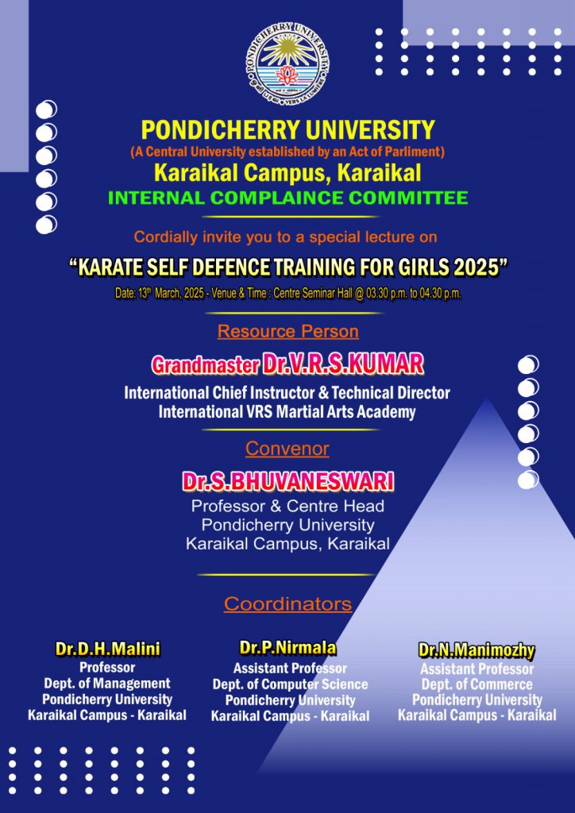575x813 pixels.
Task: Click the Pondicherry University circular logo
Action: pyautogui.click(x=287, y=64)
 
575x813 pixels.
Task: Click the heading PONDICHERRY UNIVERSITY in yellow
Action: pyautogui.click(x=287, y=130)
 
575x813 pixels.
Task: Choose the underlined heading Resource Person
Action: pyautogui.click(x=287, y=331)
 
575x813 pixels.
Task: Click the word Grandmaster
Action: pyautogui.click(x=206, y=365)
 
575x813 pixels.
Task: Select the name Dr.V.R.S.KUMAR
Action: pyautogui.click(x=343, y=365)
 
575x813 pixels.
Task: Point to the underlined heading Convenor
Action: pyautogui.click(x=287, y=449)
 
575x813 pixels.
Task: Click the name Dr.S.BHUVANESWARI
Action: pyautogui.click(x=287, y=482)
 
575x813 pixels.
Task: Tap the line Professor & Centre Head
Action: pyautogui.click(x=287, y=505)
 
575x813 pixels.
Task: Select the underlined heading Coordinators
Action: pyautogui.click(x=287, y=604)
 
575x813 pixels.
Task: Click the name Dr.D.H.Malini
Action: pyautogui.click(x=108, y=649)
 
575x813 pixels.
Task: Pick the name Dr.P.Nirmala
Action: pyautogui.click(x=287, y=648)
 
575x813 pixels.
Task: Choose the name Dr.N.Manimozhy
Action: pyautogui.click(x=477, y=650)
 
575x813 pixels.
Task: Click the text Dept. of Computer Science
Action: pyautogui.click(x=291, y=684)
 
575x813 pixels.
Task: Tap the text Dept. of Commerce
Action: pyautogui.click(x=477, y=684)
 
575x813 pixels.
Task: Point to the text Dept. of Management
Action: pyautogui.click(x=107, y=683)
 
